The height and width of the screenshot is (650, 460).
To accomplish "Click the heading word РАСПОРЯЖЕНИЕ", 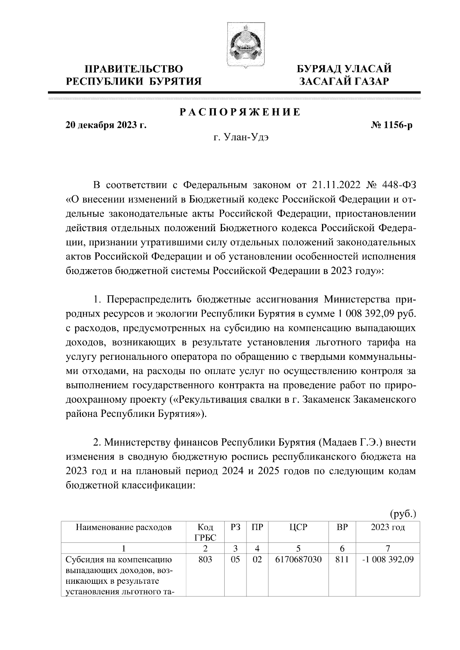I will [x=240, y=113].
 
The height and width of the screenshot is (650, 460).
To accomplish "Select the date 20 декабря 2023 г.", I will [x=106, y=125].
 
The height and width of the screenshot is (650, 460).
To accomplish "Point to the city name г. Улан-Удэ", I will [x=241, y=137].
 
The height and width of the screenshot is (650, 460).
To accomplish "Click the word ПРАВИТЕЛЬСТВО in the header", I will [x=134, y=69].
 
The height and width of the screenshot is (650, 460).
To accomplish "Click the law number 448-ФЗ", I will [x=399, y=185].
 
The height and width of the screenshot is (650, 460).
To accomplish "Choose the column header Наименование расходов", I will [x=123, y=528].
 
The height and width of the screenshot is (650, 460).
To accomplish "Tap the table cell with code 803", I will [x=205, y=560].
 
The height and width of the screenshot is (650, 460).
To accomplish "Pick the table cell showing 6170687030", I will [x=298, y=560].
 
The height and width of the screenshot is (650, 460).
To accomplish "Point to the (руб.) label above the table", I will [x=402, y=513].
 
